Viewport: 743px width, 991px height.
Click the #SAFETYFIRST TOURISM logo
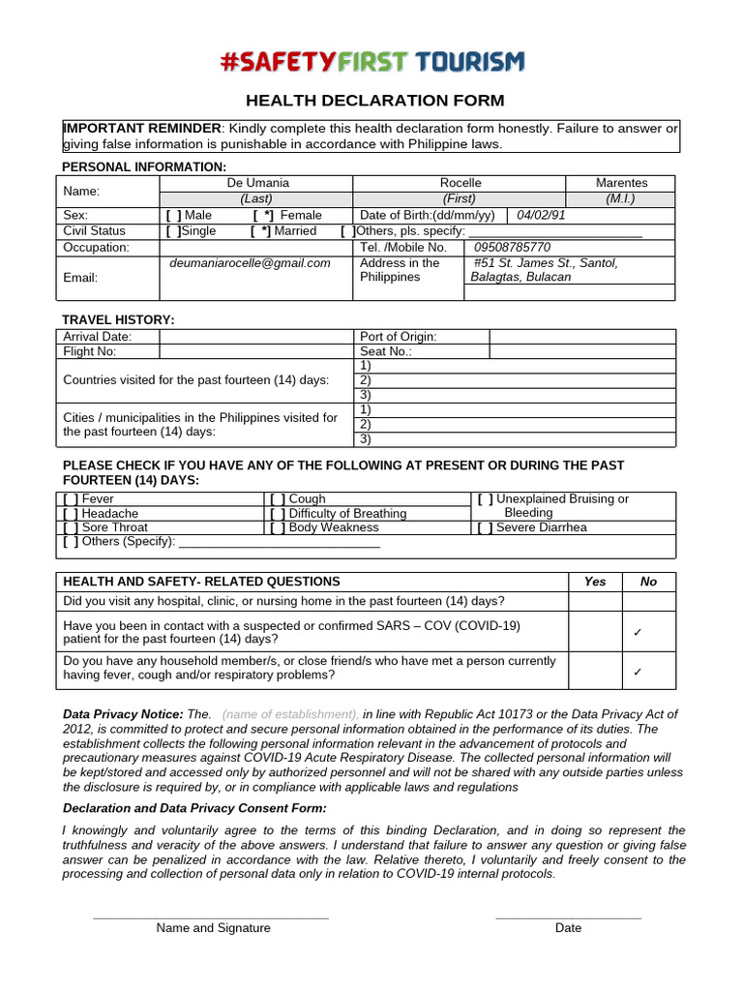(372, 63)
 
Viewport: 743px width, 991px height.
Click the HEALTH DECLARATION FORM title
(374, 101)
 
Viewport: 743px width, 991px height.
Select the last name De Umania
(257, 183)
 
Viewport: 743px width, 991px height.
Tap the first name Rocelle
(460, 183)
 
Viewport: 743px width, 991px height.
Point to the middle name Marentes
(621, 183)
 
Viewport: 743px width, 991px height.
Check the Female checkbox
(262, 215)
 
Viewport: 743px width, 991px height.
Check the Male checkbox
(174, 215)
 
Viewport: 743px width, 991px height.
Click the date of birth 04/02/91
(542, 215)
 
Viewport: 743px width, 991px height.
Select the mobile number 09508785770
(512, 247)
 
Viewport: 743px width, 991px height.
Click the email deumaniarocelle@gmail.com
(250, 263)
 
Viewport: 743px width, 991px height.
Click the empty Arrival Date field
(255, 337)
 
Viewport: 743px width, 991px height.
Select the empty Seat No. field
(582, 352)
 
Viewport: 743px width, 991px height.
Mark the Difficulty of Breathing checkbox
(279, 514)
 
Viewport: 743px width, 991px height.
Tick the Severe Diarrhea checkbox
(486, 528)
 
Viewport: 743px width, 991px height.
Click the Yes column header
(595, 582)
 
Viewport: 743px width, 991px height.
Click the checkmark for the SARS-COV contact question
(638, 632)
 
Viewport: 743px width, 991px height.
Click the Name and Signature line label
(214, 928)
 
